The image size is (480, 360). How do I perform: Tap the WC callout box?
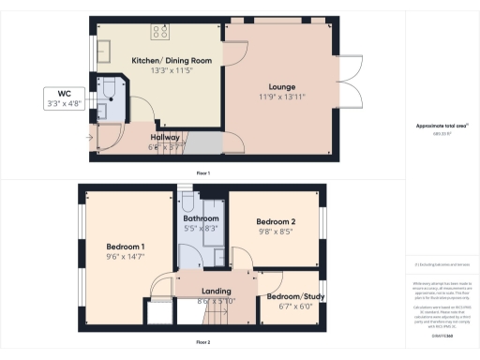coord(65,98)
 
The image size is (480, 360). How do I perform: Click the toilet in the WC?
coord(110,90)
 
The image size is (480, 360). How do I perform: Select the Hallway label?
coord(165,137)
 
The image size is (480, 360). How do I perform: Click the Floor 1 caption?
coord(202,173)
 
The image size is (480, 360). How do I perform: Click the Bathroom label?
coord(201,217)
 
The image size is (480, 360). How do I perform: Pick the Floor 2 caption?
coord(202,342)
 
